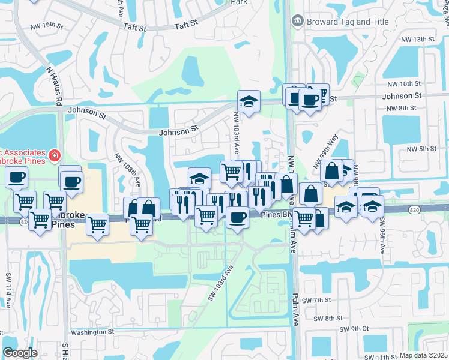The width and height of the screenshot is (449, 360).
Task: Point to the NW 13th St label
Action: point(420,39)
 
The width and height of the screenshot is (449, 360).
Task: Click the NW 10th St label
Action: point(420,83)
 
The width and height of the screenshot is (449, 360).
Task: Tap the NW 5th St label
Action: point(420,149)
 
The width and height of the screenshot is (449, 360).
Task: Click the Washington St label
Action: point(92,332)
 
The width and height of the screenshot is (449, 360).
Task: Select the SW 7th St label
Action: point(317,300)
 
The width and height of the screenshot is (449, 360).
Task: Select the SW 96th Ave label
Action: point(381,237)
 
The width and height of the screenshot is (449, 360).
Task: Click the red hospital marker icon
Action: point(54,156)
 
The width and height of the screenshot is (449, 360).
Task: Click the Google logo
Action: point(20,353)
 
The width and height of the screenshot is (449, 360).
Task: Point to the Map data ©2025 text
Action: point(424,355)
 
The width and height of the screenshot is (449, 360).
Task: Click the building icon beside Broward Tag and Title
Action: point(297,22)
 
